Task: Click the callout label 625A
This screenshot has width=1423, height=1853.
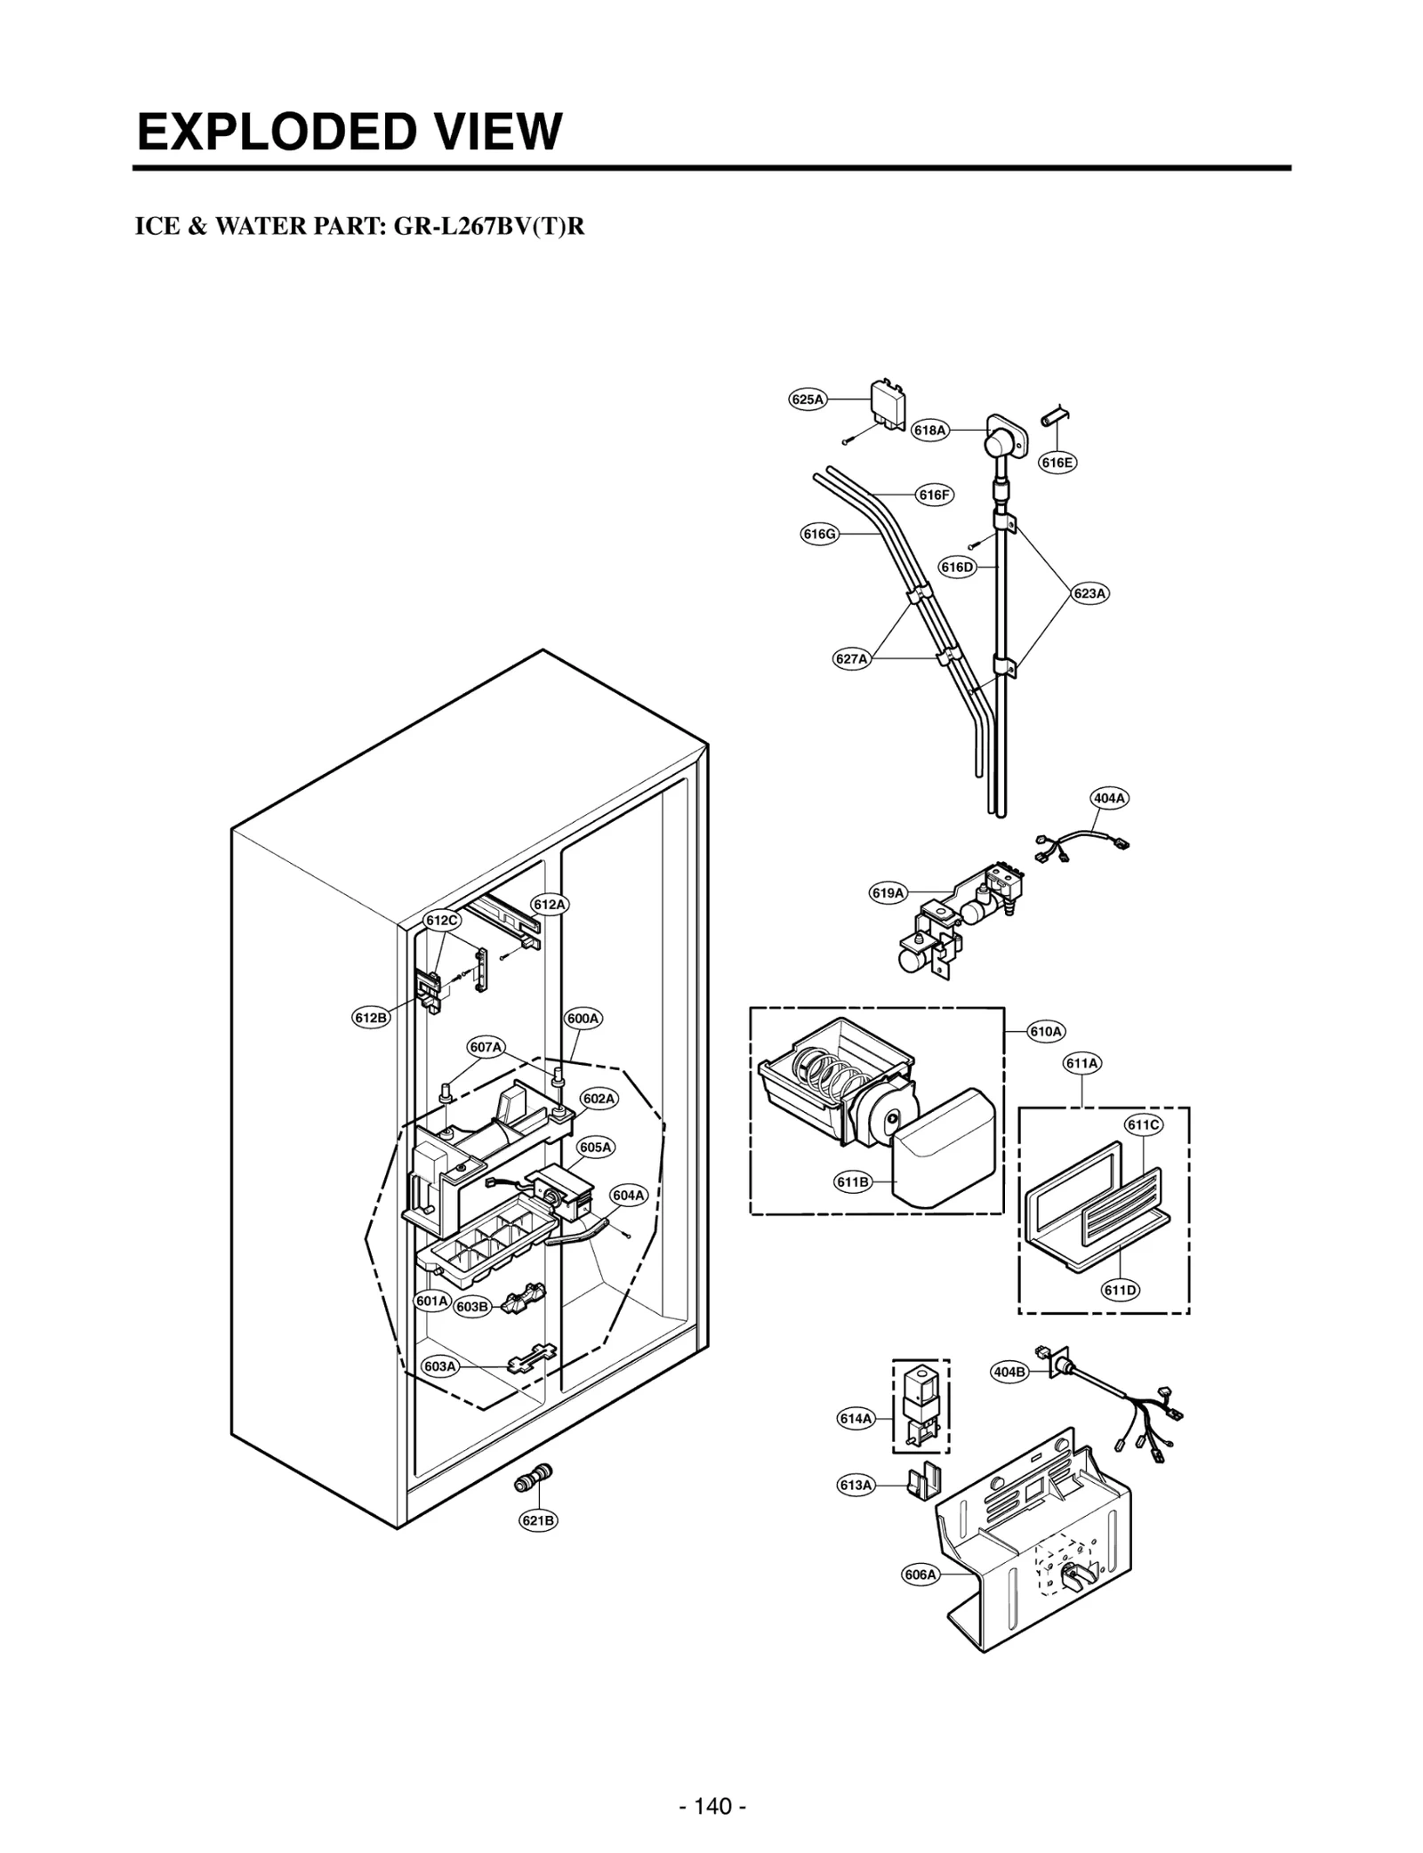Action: (x=807, y=399)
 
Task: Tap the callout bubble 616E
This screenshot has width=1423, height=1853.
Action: (x=1057, y=462)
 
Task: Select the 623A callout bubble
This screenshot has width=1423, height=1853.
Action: (x=1089, y=592)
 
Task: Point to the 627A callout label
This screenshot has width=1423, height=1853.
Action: (x=851, y=658)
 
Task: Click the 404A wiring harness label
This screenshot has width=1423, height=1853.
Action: (x=1109, y=798)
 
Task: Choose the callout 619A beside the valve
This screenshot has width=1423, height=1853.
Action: (x=888, y=892)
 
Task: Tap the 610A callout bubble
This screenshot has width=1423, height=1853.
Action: (x=1046, y=1031)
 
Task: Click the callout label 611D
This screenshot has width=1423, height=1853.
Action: (x=1121, y=1290)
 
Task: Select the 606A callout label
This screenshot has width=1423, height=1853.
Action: (x=921, y=1599)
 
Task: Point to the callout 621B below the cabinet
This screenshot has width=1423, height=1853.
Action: (x=538, y=1520)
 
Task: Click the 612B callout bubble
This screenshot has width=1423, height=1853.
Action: (x=371, y=1018)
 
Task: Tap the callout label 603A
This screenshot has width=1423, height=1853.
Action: (x=439, y=1366)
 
